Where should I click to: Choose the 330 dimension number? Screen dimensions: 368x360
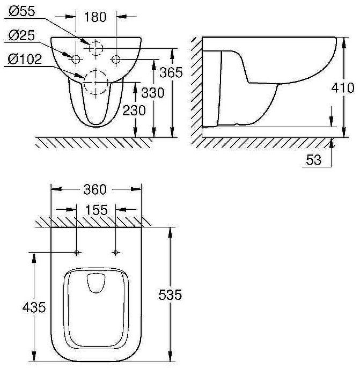[152, 93]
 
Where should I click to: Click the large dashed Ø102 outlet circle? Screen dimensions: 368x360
[95, 83]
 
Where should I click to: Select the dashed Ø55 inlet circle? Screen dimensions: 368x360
[95, 48]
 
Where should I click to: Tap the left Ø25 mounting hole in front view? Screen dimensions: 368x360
[76, 57]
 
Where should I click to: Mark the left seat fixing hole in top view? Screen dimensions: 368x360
[77, 252]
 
